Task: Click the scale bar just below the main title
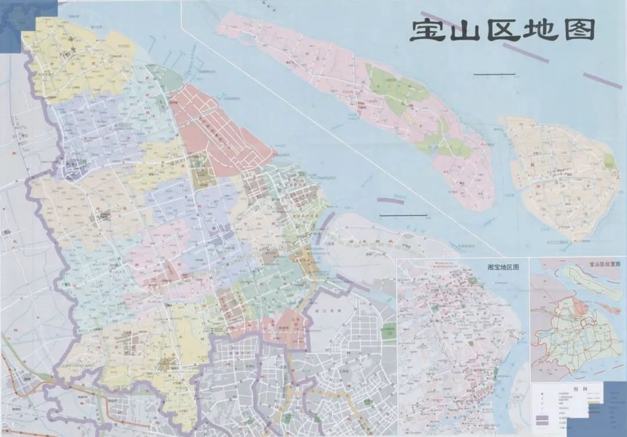[494, 74]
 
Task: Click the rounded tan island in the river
[560, 174]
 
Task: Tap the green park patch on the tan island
[609, 161]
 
